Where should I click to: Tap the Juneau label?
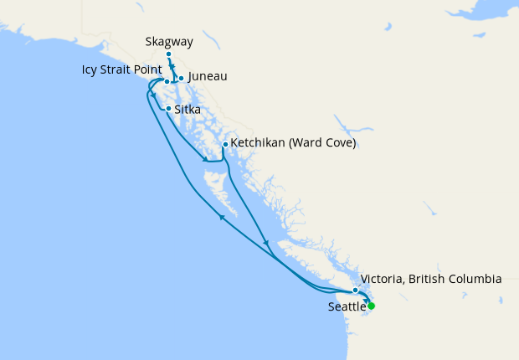(x=208, y=76)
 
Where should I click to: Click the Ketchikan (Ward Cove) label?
(x=293, y=143)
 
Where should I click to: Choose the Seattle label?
(x=347, y=307)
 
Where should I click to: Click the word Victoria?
(x=380, y=279)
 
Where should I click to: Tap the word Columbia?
(x=473, y=279)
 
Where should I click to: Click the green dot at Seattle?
(x=372, y=306)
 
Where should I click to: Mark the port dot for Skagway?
(x=169, y=54)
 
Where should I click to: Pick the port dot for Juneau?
(x=181, y=79)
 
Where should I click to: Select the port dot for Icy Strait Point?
(x=167, y=81)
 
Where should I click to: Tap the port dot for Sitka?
(x=169, y=109)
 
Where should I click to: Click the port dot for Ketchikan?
(x=225, y=144)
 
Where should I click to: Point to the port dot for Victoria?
(x=356, y=290)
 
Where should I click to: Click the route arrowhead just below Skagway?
(x=172, y=67)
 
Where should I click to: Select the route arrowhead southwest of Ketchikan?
(x=204, y=158)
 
